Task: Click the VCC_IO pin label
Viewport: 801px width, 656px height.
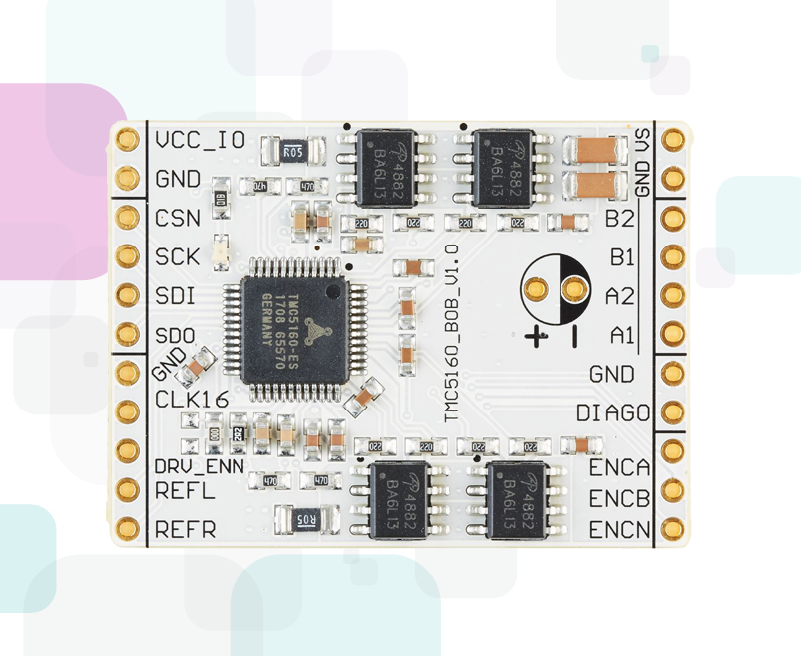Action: [200, 139]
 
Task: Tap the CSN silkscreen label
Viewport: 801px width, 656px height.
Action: [178, 218]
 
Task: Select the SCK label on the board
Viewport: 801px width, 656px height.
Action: [178, 256]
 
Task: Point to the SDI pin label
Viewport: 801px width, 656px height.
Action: [176, 295]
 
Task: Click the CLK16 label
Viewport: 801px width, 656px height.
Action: [193, 400]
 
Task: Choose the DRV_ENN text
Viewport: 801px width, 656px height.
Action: [199, 465]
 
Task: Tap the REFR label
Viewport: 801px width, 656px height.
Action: [185, 529]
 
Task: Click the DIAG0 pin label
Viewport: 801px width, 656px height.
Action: [613, 412]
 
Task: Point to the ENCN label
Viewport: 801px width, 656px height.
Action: [619, 529]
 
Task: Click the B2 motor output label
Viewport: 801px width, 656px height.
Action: [620, 218]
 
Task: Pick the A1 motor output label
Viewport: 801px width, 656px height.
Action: [622, 335]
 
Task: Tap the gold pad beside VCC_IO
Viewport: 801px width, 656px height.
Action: [127, 139]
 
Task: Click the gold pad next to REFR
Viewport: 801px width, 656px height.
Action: [127, 528]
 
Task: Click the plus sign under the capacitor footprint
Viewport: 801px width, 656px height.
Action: [537, 336]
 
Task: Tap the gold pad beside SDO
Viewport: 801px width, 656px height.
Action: [127, 334]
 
